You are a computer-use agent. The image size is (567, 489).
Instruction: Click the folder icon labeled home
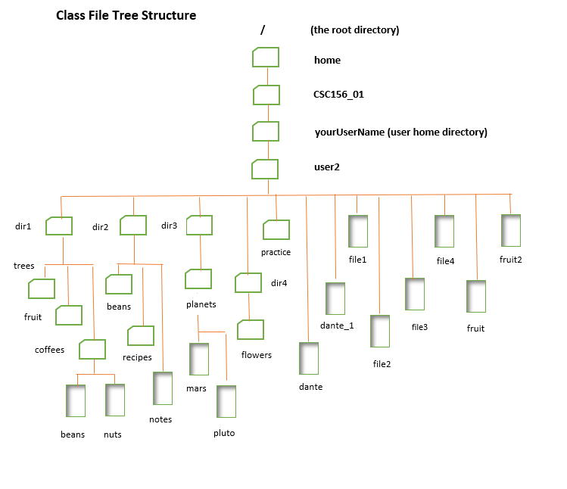click(266, 58)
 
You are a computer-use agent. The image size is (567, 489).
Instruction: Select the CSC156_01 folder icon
click(266, 95)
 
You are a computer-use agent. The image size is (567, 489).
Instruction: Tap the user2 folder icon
click(266, 169)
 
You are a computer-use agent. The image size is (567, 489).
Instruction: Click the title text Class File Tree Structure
click(126, 15)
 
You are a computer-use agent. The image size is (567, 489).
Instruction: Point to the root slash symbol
click(263, 30)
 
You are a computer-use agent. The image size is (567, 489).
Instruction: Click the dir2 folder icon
click(133, 226)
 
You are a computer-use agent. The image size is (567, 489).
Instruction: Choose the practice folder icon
click(276, 230)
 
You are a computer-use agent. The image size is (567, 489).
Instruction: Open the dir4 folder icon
click(248, 283)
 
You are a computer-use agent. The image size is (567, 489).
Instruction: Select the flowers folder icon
click(251, 330)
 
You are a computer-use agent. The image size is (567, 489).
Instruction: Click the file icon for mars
click(198, 360)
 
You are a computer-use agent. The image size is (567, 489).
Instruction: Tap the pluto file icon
click(226, 402)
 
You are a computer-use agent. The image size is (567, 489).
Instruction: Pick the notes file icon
click(163, 388)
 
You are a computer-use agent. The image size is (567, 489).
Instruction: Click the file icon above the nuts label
click(114, 400)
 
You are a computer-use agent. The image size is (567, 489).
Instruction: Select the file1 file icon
click(357, 232)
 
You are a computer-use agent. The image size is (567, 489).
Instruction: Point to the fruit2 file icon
click(511, 230)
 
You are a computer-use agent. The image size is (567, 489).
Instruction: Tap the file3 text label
click(419, 327)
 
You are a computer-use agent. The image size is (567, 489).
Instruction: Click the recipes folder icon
click(141, 335)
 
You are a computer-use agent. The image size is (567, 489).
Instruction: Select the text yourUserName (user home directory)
click(400, 132)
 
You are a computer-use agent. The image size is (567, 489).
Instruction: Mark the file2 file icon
click(380, 332)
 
